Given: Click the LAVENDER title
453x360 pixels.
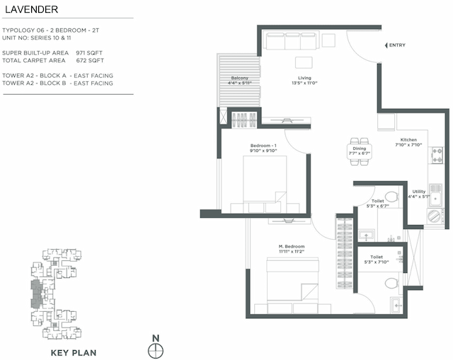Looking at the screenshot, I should (30, 10).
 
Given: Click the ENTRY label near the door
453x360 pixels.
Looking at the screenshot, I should (398, 45).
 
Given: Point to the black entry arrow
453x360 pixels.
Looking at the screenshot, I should (385, 45).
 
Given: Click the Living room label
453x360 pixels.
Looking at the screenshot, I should (304, 79).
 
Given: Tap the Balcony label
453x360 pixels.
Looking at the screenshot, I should (240, 79).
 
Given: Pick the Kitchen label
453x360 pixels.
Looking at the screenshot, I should (408, 140).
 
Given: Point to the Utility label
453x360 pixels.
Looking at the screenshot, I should (419, 191).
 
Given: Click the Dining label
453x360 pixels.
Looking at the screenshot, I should (360, 149).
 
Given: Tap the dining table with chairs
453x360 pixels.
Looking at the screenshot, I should (360, 151).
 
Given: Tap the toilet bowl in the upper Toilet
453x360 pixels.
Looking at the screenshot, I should (391, 197).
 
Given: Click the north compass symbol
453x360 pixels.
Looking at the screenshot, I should (155, 349).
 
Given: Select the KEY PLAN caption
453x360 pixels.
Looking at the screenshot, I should (74, 352).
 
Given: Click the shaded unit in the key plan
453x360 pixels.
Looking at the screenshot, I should (35, 293).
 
